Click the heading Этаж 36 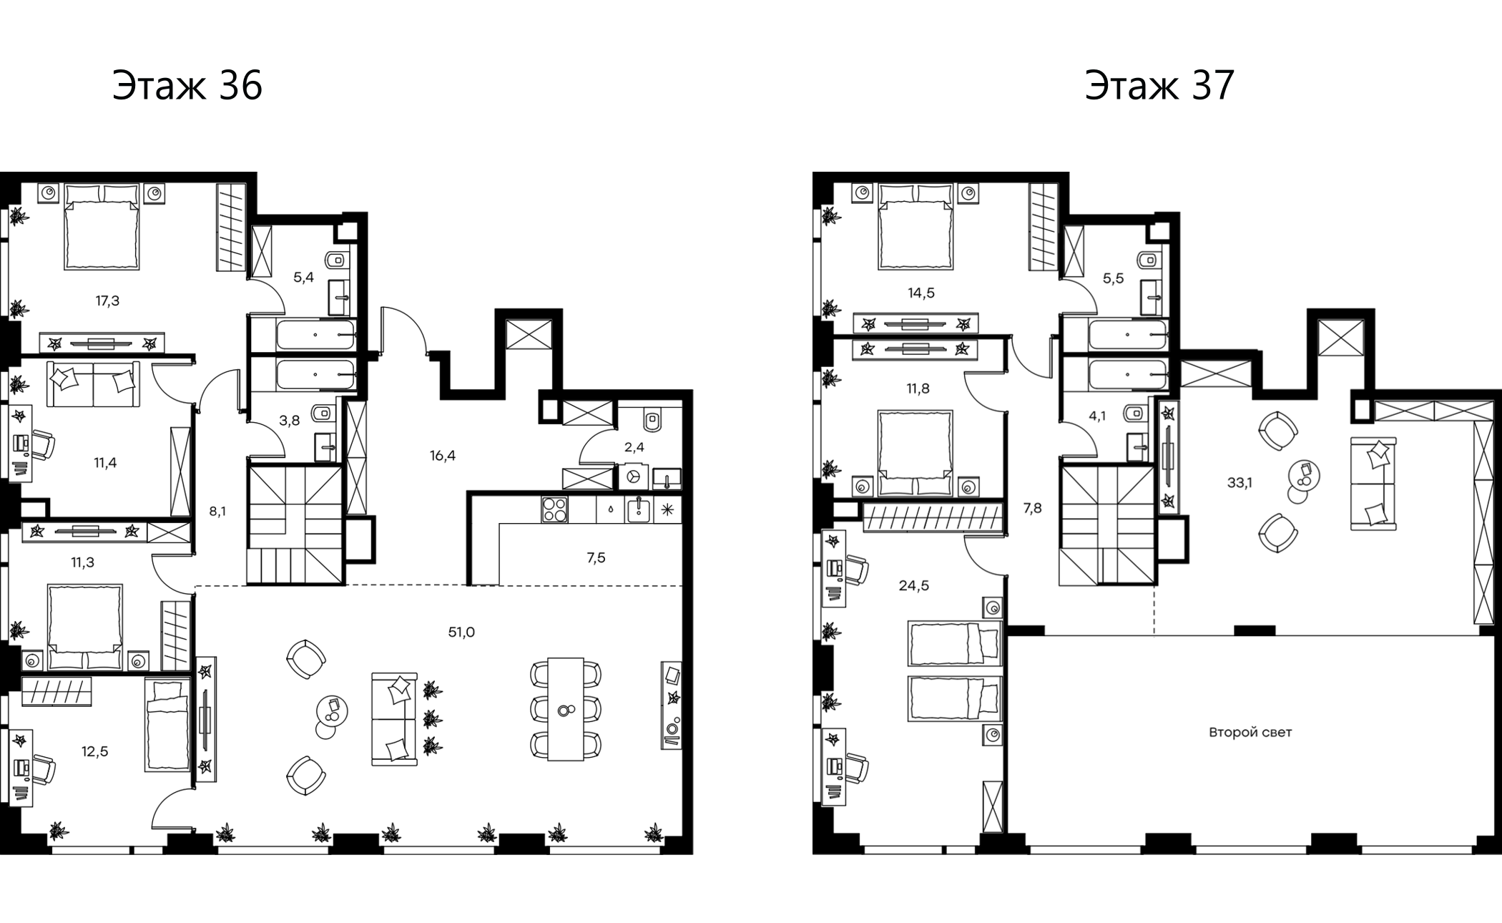(x=187, y=86)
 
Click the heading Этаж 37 (x=1159, y=86)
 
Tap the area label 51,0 (x=461, y=633)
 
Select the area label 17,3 (x=107, y=301)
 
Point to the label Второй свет (x=1250, y=733)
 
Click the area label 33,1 (x=1240, y=483)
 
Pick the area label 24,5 (x=913, y=586)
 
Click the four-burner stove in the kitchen (x=554, y=509)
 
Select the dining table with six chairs (x=566, y=708)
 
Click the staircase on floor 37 (x=1107, y=524)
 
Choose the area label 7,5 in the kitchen (x=596, y=558)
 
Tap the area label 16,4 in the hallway (x=443, y=456)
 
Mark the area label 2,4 (x=634, y=448)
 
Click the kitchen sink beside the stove (x=639, y=509)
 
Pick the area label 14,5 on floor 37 (x=921, y=293)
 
